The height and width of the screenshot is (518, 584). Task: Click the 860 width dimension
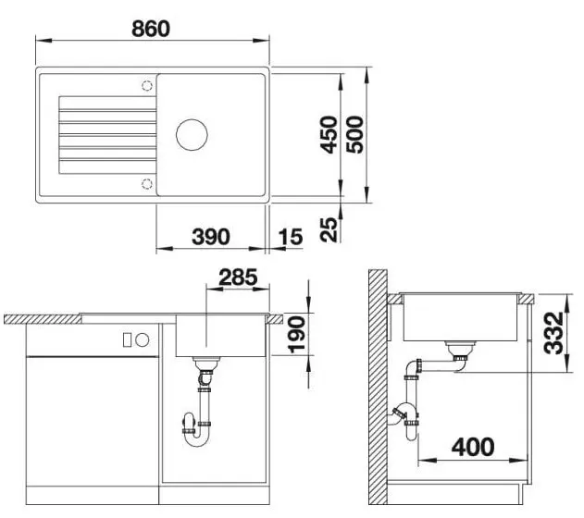point(151,29)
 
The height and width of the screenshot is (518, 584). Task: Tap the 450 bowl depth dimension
point(329,135)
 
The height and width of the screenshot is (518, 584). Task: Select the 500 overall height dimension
point(354,135)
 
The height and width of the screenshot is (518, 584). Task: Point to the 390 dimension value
point(211,237)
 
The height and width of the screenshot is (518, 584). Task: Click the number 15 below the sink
point(291,237)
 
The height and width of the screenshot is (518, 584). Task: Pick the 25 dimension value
point(329,229)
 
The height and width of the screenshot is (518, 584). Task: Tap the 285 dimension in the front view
point(238,277)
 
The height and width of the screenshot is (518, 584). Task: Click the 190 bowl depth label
point(297,335)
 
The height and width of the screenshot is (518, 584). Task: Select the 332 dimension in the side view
point(553,333)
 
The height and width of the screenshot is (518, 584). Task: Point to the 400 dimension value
point(473,447)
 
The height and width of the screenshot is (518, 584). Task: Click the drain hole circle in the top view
point(192,135)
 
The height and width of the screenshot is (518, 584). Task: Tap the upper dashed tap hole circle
point(147,86)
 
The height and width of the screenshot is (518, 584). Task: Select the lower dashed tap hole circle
point(147,184)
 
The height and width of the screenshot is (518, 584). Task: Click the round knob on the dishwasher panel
point(142,339)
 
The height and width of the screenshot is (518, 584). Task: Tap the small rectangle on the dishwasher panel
point(127,339)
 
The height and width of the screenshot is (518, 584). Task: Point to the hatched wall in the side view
point(378,387)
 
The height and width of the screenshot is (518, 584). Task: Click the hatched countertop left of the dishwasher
point(43,319)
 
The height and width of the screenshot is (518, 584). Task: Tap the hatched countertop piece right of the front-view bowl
point(275,319)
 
